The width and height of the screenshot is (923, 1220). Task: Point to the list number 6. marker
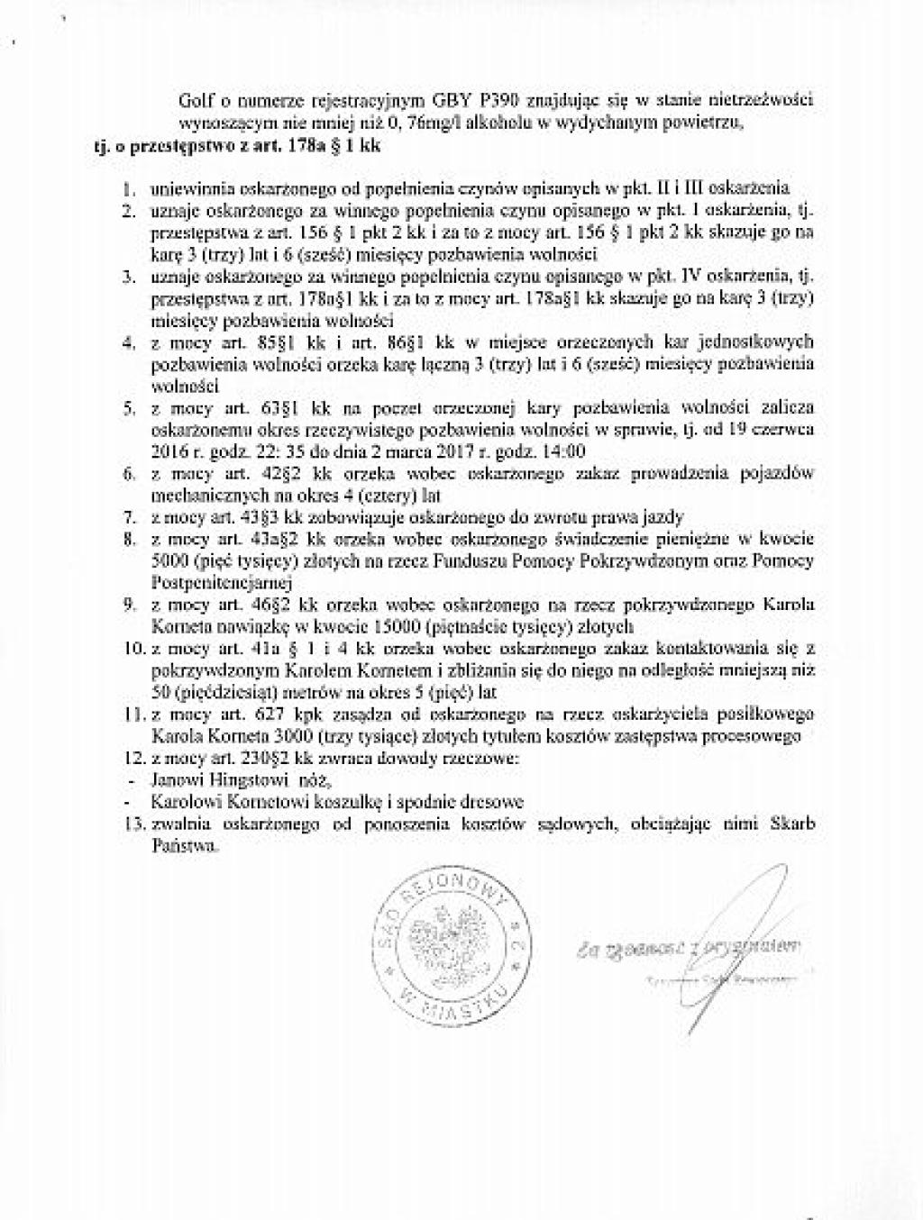tap(130, 473)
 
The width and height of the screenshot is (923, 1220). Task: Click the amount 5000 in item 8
tap(168, 560)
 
